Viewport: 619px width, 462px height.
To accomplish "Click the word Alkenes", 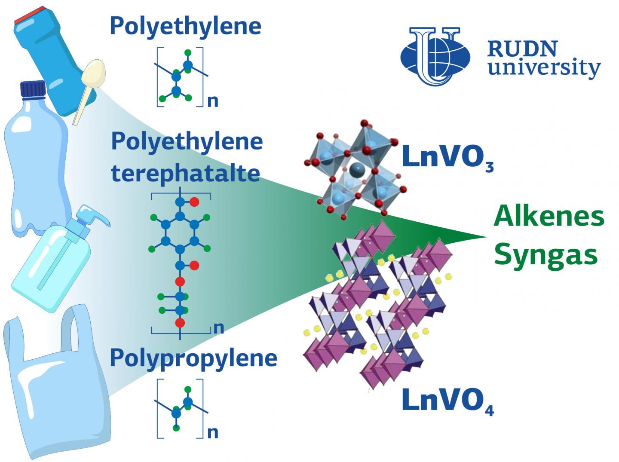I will point(549,217).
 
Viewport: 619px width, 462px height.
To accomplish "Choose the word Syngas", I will point(545,254).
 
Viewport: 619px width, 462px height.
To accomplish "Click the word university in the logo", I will point(544,68).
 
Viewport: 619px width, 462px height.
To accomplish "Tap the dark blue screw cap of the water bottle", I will point(33,90).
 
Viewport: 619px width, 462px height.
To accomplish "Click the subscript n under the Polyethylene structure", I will point(213,101).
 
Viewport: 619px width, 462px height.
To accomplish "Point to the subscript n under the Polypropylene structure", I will point(213,432).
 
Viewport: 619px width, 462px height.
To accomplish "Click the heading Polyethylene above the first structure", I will point(186,26).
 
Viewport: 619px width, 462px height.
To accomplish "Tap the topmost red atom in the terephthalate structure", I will point(194,202).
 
